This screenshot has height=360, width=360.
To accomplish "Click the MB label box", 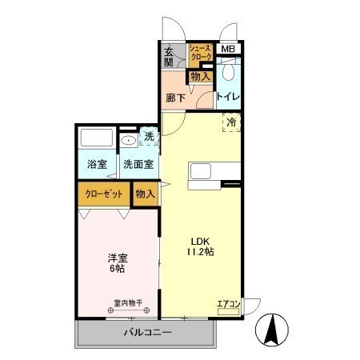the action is (229, 49).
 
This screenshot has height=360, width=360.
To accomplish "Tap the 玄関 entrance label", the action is (168, 57).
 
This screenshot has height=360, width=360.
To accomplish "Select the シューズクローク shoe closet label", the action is (201, 52).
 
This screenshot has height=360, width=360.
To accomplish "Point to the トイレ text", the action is (228, 97).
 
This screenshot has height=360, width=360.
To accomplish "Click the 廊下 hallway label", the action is (176, 98).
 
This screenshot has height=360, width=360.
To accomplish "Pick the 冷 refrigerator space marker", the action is (231, 122).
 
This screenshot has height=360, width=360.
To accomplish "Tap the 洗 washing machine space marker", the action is (150, 137).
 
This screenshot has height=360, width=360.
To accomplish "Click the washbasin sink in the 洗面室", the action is (129, 140).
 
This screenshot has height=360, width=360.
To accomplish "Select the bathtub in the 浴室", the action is (97, 138).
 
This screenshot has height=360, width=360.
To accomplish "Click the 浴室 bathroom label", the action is (97, 164).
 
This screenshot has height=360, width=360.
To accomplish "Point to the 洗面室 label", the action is (138, 164).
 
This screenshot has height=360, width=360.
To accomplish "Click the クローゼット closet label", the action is (104, 194).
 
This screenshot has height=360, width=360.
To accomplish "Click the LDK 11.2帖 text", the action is (200, 246).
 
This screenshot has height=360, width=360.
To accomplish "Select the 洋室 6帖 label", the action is (118, 263).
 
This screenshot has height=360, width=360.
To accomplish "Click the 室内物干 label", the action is (128, 303).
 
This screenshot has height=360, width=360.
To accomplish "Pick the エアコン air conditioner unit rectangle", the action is (228, 312).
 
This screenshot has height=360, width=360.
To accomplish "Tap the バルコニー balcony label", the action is (148, 333).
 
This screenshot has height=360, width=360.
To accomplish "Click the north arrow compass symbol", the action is (272, 330).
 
